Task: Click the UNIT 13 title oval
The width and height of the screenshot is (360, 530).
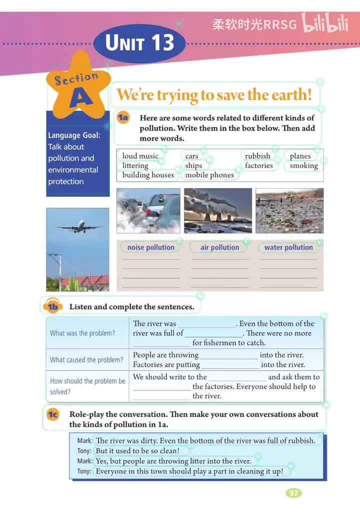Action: point(139,43)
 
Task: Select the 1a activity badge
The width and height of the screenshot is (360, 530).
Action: point(123,118)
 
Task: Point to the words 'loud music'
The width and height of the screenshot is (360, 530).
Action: point(140,156)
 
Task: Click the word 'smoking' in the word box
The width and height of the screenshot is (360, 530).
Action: point(303,165)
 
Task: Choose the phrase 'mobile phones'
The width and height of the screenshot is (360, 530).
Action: point(209,175)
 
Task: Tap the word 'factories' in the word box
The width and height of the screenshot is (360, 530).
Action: point(258,165)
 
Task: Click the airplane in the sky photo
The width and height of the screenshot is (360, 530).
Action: point(78,228)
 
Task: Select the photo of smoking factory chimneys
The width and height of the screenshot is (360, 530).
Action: point(218,210)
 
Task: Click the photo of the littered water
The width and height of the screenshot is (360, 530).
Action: point(289,210)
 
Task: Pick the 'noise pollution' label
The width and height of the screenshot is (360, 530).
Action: point(150,247)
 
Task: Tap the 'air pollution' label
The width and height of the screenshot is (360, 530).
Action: point(219,247)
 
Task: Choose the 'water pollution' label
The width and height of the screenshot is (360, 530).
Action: point(288,247)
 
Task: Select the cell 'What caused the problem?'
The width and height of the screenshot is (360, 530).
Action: point(86,360)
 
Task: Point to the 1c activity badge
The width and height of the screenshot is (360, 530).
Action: point(52,414)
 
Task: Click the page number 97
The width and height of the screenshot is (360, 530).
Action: point(293,493)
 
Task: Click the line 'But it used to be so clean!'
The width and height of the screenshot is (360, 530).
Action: point(137,450)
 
